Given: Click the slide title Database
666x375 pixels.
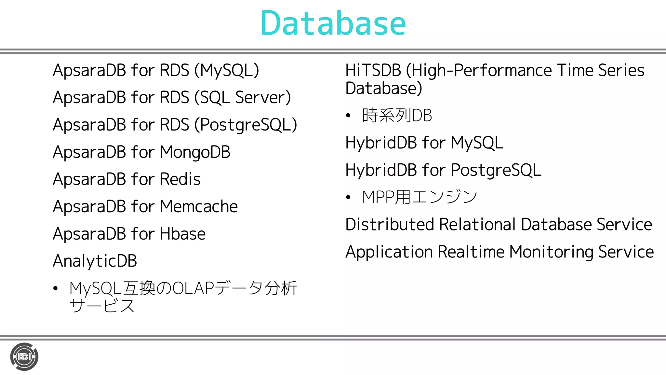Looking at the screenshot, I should [x=333, y=23].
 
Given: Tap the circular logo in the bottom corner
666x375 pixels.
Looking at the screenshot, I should [x=24, y=357].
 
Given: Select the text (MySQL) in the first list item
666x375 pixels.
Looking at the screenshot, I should [x=227, y=71].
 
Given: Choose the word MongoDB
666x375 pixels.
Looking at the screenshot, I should [x=195, y=152].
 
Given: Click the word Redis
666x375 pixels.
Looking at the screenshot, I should [x=180, y=179].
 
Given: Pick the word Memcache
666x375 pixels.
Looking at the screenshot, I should [x=199, y=207].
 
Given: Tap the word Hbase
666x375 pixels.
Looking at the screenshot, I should [x=182, y=234].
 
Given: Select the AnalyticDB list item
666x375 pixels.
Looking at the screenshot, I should [x=95, y=261].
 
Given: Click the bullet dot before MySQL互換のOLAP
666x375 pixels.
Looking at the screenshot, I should [x=56, y=288].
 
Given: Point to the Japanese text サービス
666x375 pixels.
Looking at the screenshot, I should [x=102, y=306].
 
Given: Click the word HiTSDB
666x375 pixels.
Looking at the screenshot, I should [x=373, y=71].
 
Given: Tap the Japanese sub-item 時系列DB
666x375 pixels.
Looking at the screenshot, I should [x=397, y=116].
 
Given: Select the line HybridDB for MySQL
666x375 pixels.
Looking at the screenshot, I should [x=424, y=143].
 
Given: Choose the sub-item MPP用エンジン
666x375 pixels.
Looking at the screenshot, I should [x=420, y=197].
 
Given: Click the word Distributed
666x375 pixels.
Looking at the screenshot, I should [x=390, y=225].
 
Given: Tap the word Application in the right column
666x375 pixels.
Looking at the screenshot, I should [x=389, y=252].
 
